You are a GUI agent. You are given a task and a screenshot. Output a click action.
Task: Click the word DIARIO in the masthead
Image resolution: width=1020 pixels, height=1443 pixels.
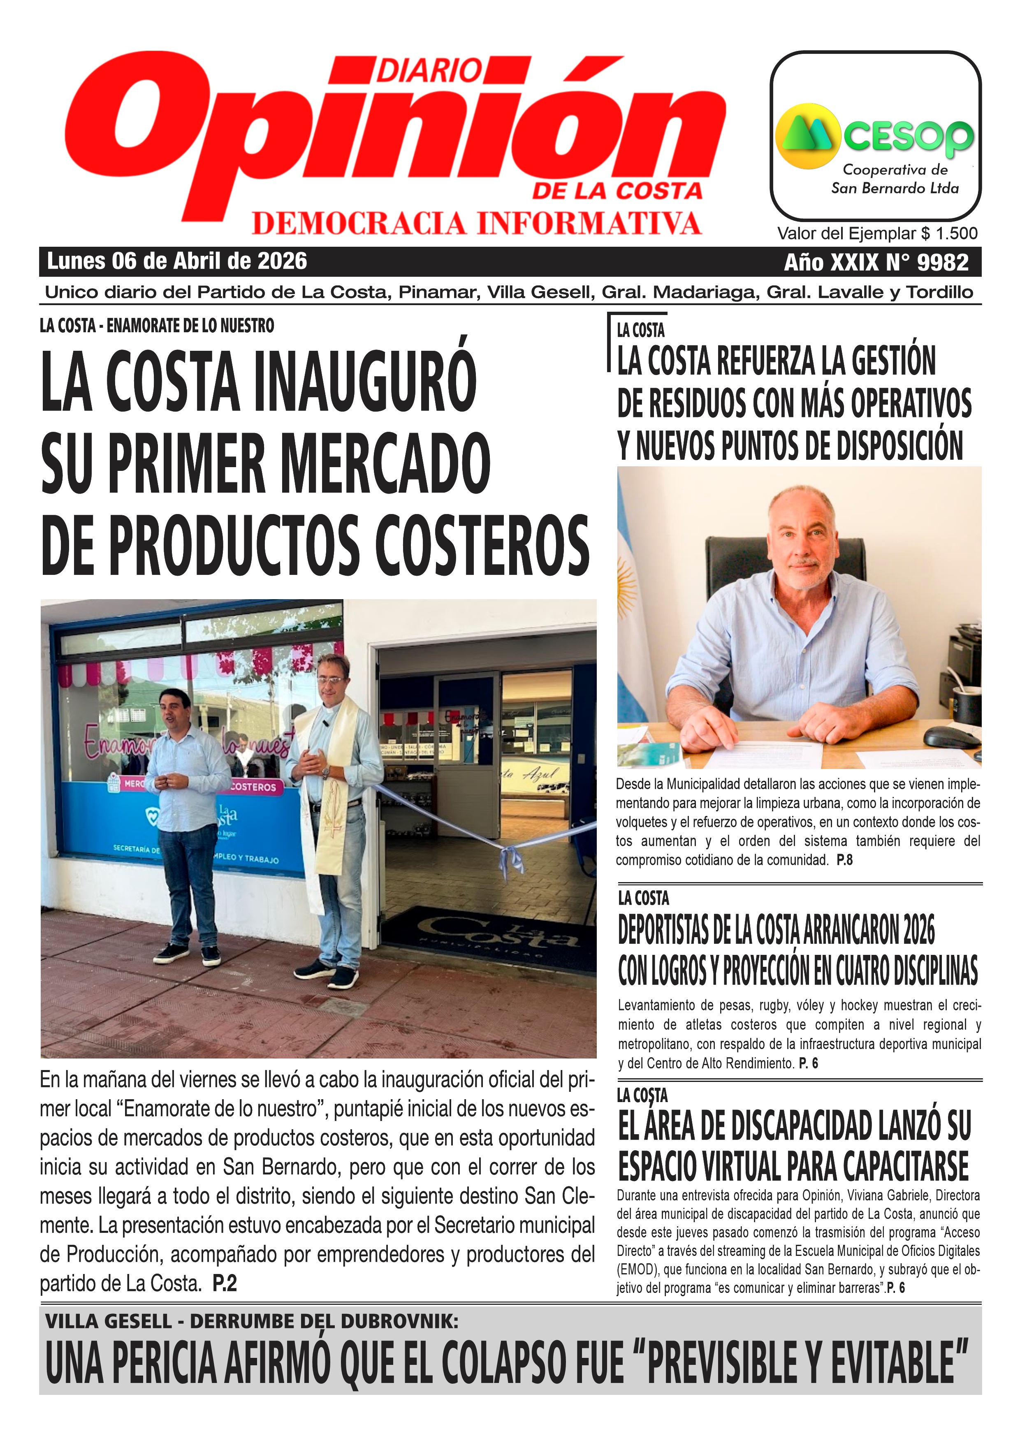429,70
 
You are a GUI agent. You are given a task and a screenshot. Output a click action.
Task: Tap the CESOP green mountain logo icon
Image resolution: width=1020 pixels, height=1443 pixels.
808,136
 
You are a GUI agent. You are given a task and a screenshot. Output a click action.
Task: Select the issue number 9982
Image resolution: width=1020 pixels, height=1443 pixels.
943,262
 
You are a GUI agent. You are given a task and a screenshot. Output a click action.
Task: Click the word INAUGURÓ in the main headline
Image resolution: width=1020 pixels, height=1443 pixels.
364,383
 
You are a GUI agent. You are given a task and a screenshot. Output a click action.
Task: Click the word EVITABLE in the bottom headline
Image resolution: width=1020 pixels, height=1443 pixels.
899,1362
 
